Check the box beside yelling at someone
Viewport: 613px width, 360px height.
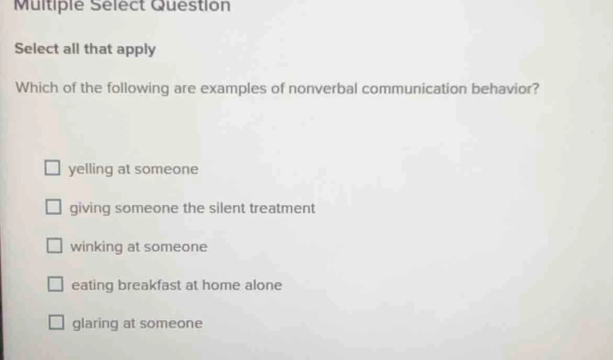(52, 169)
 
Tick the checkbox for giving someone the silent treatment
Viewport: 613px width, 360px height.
(52, 208)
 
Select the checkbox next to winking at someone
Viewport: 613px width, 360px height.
(53, 246)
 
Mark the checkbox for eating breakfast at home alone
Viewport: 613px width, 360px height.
(55, 285)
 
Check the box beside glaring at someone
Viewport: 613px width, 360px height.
(56, 323)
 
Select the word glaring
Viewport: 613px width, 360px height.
(96, 324)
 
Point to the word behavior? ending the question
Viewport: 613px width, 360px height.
(506, 88)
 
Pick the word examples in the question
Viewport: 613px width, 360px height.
(234, 89)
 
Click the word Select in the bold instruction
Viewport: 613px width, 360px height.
(37, 49)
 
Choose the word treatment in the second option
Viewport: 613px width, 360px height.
(282, 208)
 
